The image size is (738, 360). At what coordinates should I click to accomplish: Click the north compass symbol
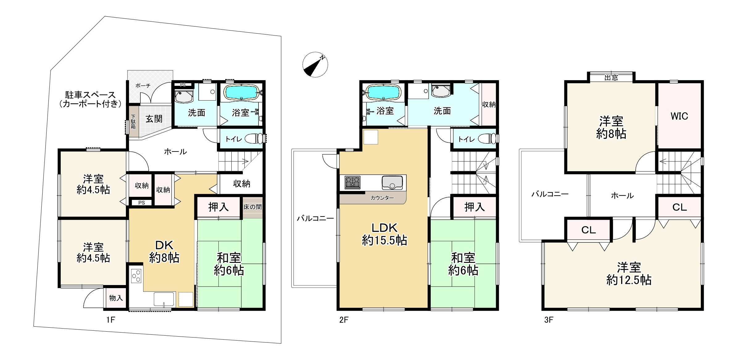click(315, 64)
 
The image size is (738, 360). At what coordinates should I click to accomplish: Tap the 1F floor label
click(110, 320)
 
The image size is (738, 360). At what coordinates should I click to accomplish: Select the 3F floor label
click(549, 320)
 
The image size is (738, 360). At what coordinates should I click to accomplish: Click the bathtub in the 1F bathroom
click(241, 92)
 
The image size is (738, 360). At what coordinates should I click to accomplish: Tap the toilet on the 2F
click(488, 139)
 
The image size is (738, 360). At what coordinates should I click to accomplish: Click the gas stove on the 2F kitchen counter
click(352, 182)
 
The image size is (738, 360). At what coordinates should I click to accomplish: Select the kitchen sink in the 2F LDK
click(392, 183)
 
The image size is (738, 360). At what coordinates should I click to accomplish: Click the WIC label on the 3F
click(679, 116)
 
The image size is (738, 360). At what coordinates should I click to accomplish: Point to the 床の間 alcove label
click(252, 207)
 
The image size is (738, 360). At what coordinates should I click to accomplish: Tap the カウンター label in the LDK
click(382, 198)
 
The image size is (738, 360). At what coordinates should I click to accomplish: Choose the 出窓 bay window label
click(611, 77)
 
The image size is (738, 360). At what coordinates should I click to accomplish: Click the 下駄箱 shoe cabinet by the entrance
click(133, 122)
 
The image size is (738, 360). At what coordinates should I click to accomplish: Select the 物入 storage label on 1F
click(116, 298)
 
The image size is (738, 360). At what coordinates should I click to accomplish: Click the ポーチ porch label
click(143, 85)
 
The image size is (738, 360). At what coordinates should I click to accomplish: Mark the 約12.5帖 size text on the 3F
click(628, 280)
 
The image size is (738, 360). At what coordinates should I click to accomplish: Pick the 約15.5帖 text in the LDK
click(384, 240)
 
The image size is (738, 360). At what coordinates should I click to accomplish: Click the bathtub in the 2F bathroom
click(383, 92)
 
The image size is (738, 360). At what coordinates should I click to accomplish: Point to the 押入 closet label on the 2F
click(474, 207)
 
